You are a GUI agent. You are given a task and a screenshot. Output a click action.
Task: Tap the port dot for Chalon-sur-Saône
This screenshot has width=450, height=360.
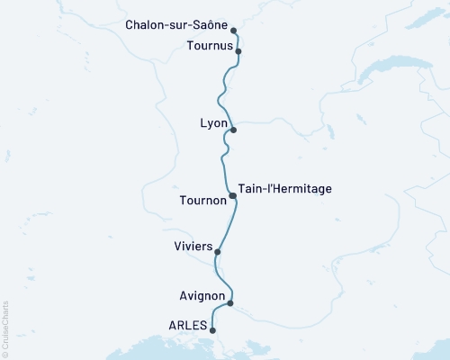tap(234, 30)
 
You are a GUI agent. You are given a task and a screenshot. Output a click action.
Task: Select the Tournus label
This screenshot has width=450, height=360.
tap(209, 45)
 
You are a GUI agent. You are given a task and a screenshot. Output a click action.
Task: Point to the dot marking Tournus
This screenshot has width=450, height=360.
tap(238, 52)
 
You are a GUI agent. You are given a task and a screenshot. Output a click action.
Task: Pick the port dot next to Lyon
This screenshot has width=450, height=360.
tap(233, 130)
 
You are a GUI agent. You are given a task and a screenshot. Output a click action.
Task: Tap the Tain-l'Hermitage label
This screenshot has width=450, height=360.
tap(285, 189)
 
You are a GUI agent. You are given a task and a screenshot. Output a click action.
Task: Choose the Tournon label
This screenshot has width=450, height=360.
tap(203, 200)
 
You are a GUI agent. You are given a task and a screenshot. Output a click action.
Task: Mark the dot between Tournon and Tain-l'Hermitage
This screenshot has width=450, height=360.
tap(232, 195)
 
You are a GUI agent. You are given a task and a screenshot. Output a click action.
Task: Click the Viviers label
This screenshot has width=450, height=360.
tap(192, 245)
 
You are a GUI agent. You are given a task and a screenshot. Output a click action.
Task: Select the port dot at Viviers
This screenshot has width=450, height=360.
tap(218, 252)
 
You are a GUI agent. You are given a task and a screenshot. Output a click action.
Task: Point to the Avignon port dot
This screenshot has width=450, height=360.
tap(230, 303)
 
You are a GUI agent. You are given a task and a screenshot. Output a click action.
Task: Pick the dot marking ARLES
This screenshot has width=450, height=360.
tap(212, 330)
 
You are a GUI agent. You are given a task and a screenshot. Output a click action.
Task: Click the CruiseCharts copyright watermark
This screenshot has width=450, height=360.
tap(5, 328)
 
